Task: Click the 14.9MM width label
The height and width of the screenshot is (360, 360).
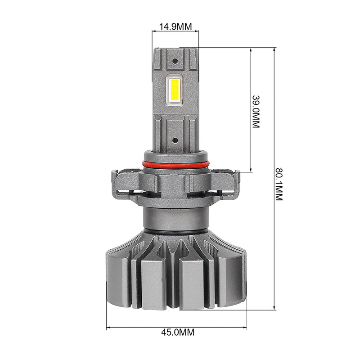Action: pos(175,27)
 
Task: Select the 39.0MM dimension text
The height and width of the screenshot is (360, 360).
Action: pos(256,111)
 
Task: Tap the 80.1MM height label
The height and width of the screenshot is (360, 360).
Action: pos(279,184)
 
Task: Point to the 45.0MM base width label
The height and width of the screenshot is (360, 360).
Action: pos(178,332)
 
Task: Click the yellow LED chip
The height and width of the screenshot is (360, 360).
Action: pos(175,91)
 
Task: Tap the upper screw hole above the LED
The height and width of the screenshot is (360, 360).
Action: pos(175,61)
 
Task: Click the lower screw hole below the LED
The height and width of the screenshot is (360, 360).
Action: pos(175,140)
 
